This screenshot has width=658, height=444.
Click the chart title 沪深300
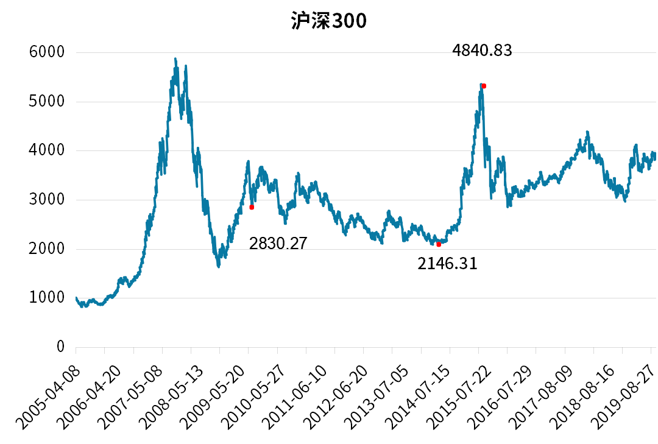coord(328,21)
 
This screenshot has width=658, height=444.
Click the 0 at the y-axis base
coord(60,347)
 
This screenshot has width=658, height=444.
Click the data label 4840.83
coord(482,51)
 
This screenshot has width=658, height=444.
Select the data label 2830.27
coord(278,244)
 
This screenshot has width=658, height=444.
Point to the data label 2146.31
coord(447,264)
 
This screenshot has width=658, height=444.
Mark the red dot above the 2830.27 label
coord(252,207)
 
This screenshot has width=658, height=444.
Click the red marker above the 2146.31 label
coord(439,244)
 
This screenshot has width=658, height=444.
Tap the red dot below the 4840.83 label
coord(484,86)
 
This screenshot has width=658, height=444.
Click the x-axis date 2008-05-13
coord(163,390)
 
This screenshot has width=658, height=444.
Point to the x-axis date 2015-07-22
coord(450,390)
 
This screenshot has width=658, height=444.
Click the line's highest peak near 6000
coord(175,59)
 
